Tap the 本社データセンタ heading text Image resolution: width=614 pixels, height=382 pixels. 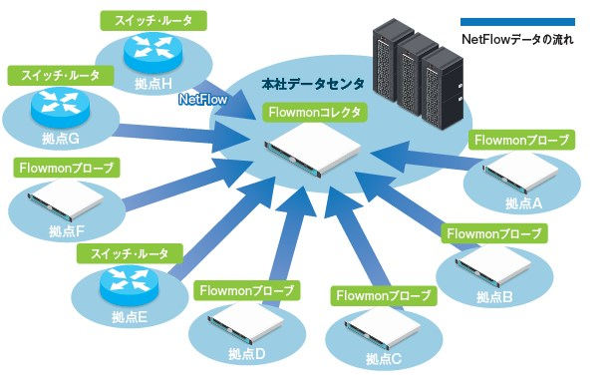click(x=312, y=86)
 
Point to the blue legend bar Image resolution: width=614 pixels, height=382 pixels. click(x=516, y=22)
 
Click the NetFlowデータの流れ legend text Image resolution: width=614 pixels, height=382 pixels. click(x=517, y=42)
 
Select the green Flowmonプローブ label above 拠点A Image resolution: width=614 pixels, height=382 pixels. click(x=521, y=139)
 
